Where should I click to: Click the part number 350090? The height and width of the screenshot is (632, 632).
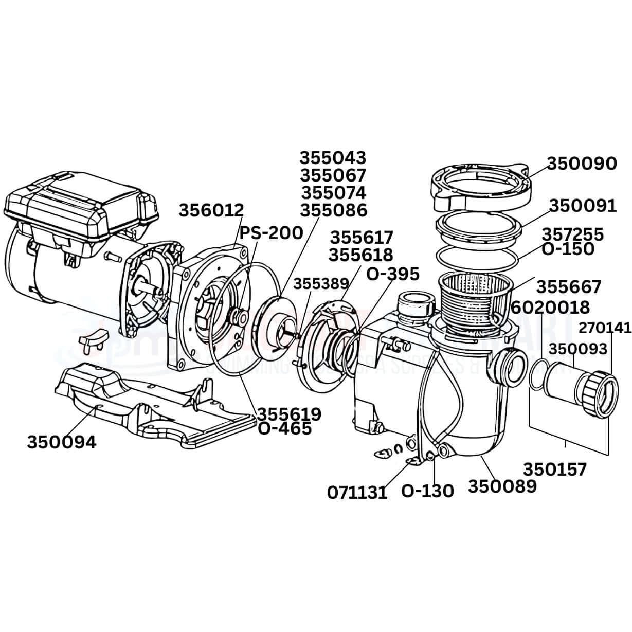tap(581, 164)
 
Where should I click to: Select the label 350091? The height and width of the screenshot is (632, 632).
tap(582, 206)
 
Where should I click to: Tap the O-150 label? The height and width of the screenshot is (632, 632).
tap(568, 249)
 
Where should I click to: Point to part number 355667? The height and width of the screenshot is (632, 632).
tap(568, 286)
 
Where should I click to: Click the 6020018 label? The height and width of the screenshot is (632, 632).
tap(551, 308)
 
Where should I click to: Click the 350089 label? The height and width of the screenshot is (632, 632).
tap(502, 486)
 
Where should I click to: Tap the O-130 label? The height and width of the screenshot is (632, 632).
tap(427, 491)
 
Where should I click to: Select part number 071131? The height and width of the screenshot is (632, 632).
tap(357, 493)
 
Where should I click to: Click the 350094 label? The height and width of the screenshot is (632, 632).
tap(61, 442)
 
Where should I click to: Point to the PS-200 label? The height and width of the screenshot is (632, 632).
tap(272, 233)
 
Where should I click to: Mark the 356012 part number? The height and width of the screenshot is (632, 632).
tap(211, 210)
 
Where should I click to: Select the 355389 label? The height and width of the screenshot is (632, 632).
tap(321, 284)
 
